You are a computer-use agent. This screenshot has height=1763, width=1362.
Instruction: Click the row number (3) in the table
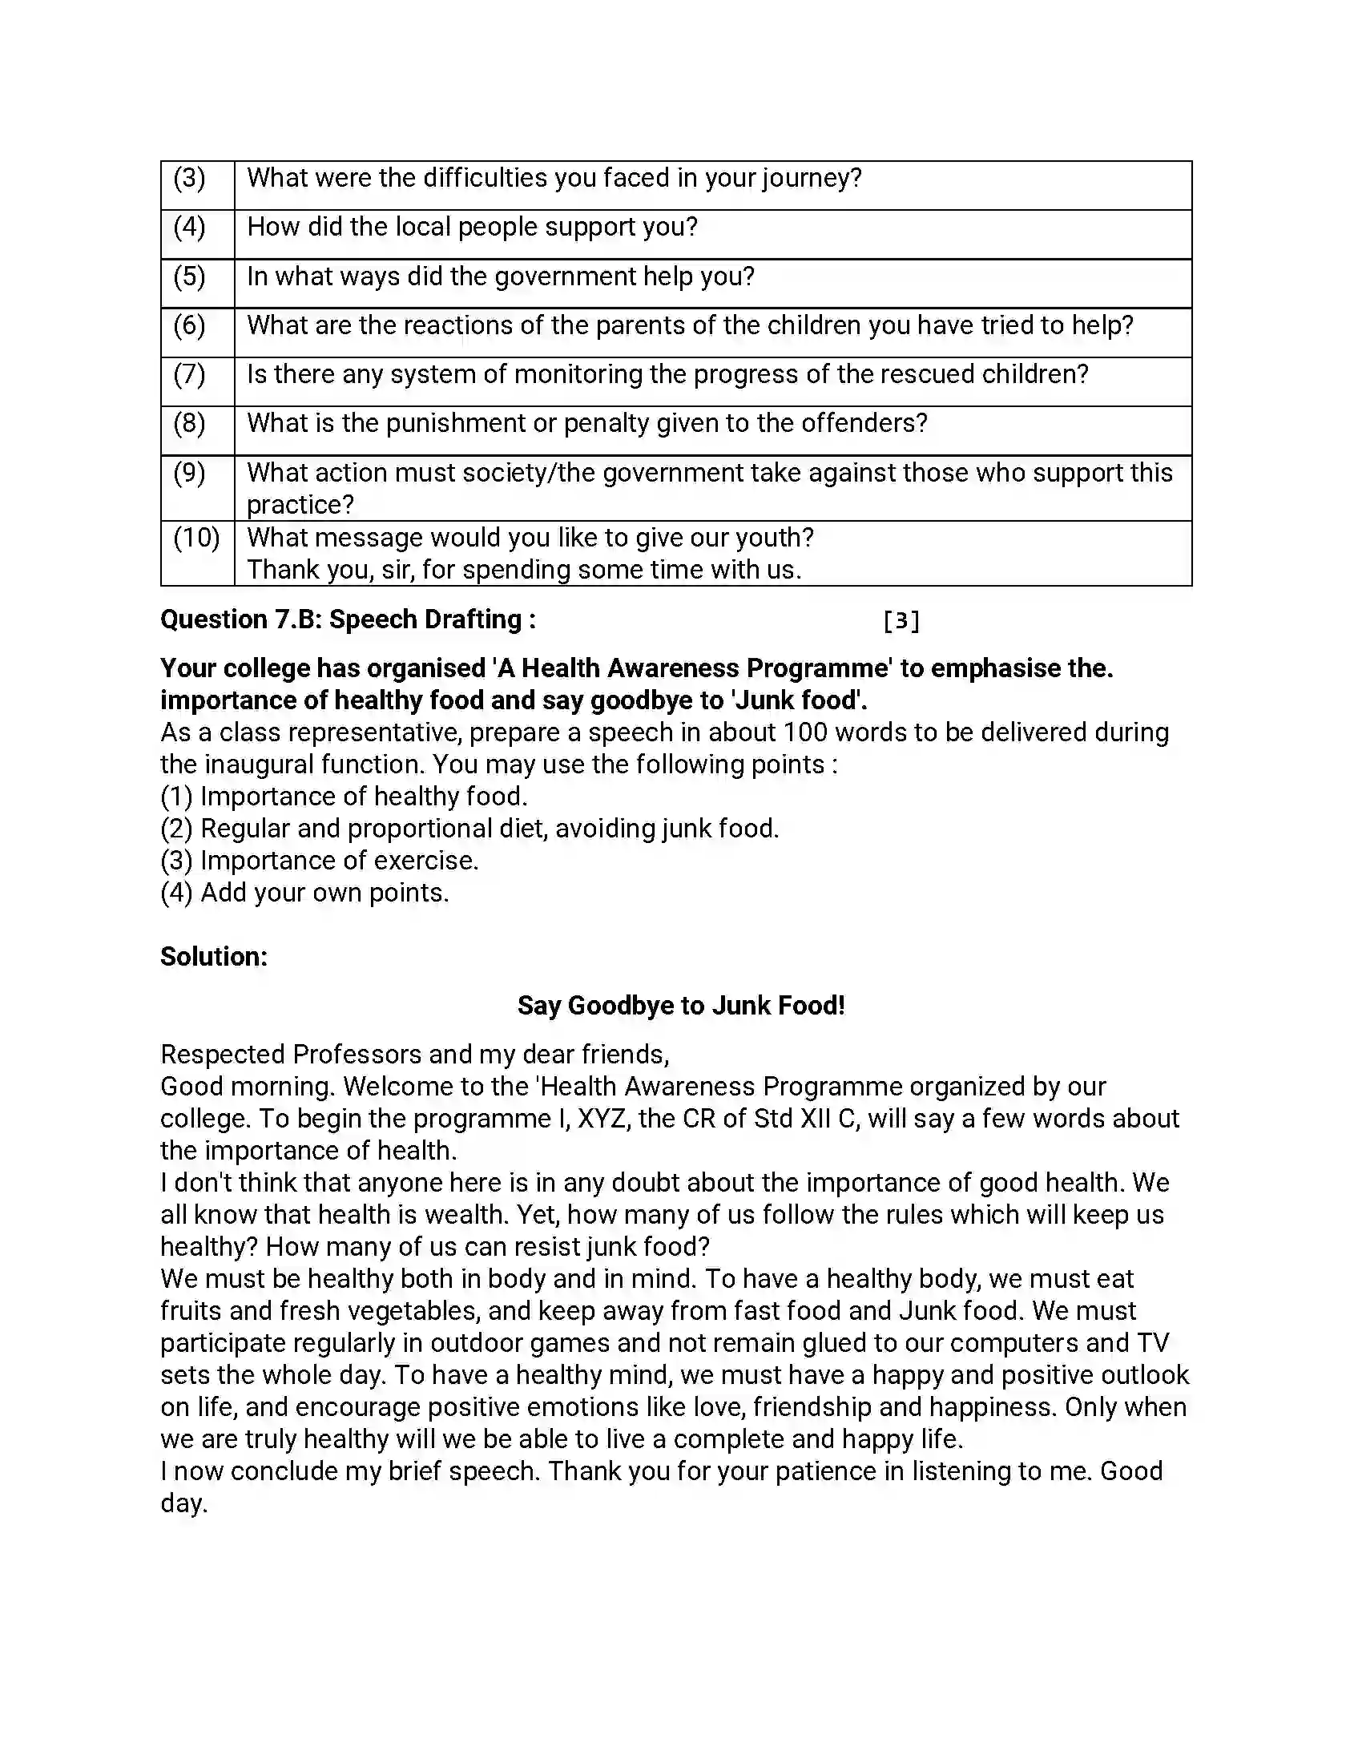coord(190,179)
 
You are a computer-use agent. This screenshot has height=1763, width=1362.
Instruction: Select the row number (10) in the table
coord(196,538)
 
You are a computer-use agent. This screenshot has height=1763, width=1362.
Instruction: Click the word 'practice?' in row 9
coord(300,505)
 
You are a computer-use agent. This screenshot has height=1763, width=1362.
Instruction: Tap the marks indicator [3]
coord(901,620)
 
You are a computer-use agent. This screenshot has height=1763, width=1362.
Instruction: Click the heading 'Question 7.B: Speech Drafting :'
coord(348,619)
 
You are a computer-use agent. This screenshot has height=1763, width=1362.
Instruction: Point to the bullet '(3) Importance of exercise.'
coord(320,861)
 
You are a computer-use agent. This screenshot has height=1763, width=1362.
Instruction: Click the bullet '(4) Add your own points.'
coord(304,893)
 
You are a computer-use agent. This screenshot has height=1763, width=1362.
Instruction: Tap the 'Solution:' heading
coord(214,957)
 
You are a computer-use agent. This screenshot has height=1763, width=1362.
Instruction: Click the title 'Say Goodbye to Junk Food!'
coord(681,1006)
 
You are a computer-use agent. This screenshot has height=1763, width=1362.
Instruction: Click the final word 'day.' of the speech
coord(184,1503)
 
